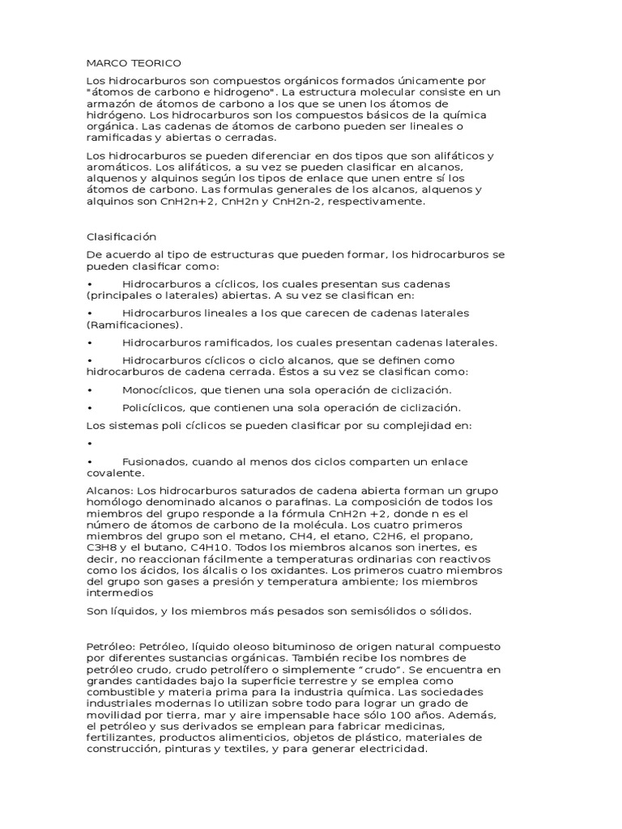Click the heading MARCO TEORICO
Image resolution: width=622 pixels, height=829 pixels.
point(134,62)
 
